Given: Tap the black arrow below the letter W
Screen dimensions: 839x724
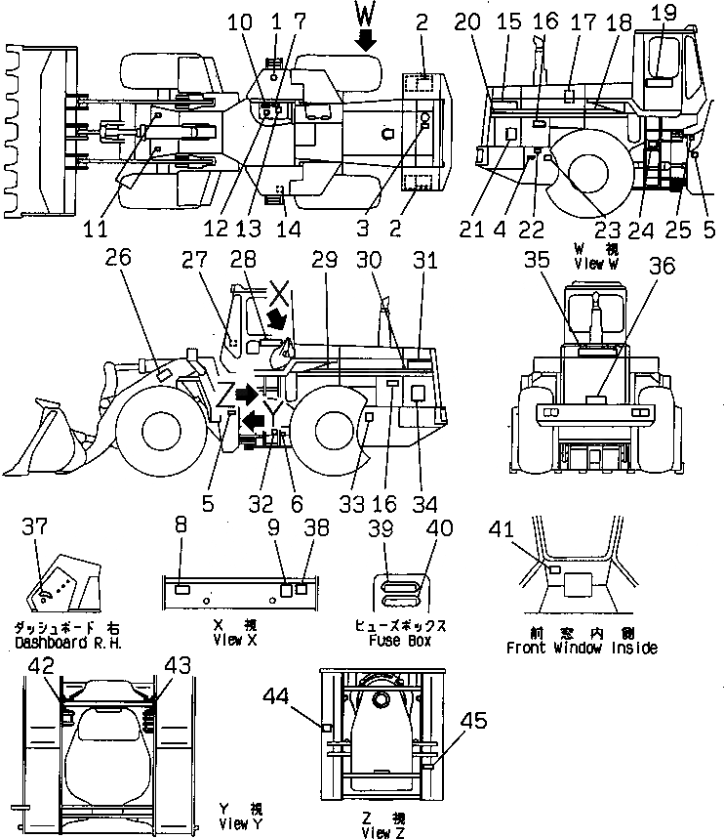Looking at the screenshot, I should coord(365,40).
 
